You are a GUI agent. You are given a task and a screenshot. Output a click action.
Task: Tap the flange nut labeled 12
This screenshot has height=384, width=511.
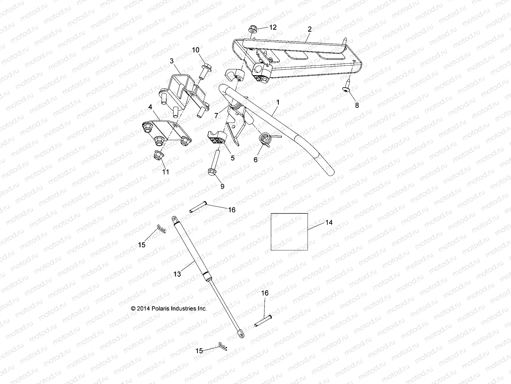(x=252, y=29)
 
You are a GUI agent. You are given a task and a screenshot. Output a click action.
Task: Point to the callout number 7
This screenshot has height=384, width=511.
(x=216, y=116)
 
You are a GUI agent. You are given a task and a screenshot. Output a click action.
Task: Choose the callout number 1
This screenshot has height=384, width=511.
(x=278, y=102)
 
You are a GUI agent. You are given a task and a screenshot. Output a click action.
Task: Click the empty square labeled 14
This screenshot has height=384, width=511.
(x=289, y=236)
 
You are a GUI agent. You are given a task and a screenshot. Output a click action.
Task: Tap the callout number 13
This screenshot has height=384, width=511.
(x=177, y=274)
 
